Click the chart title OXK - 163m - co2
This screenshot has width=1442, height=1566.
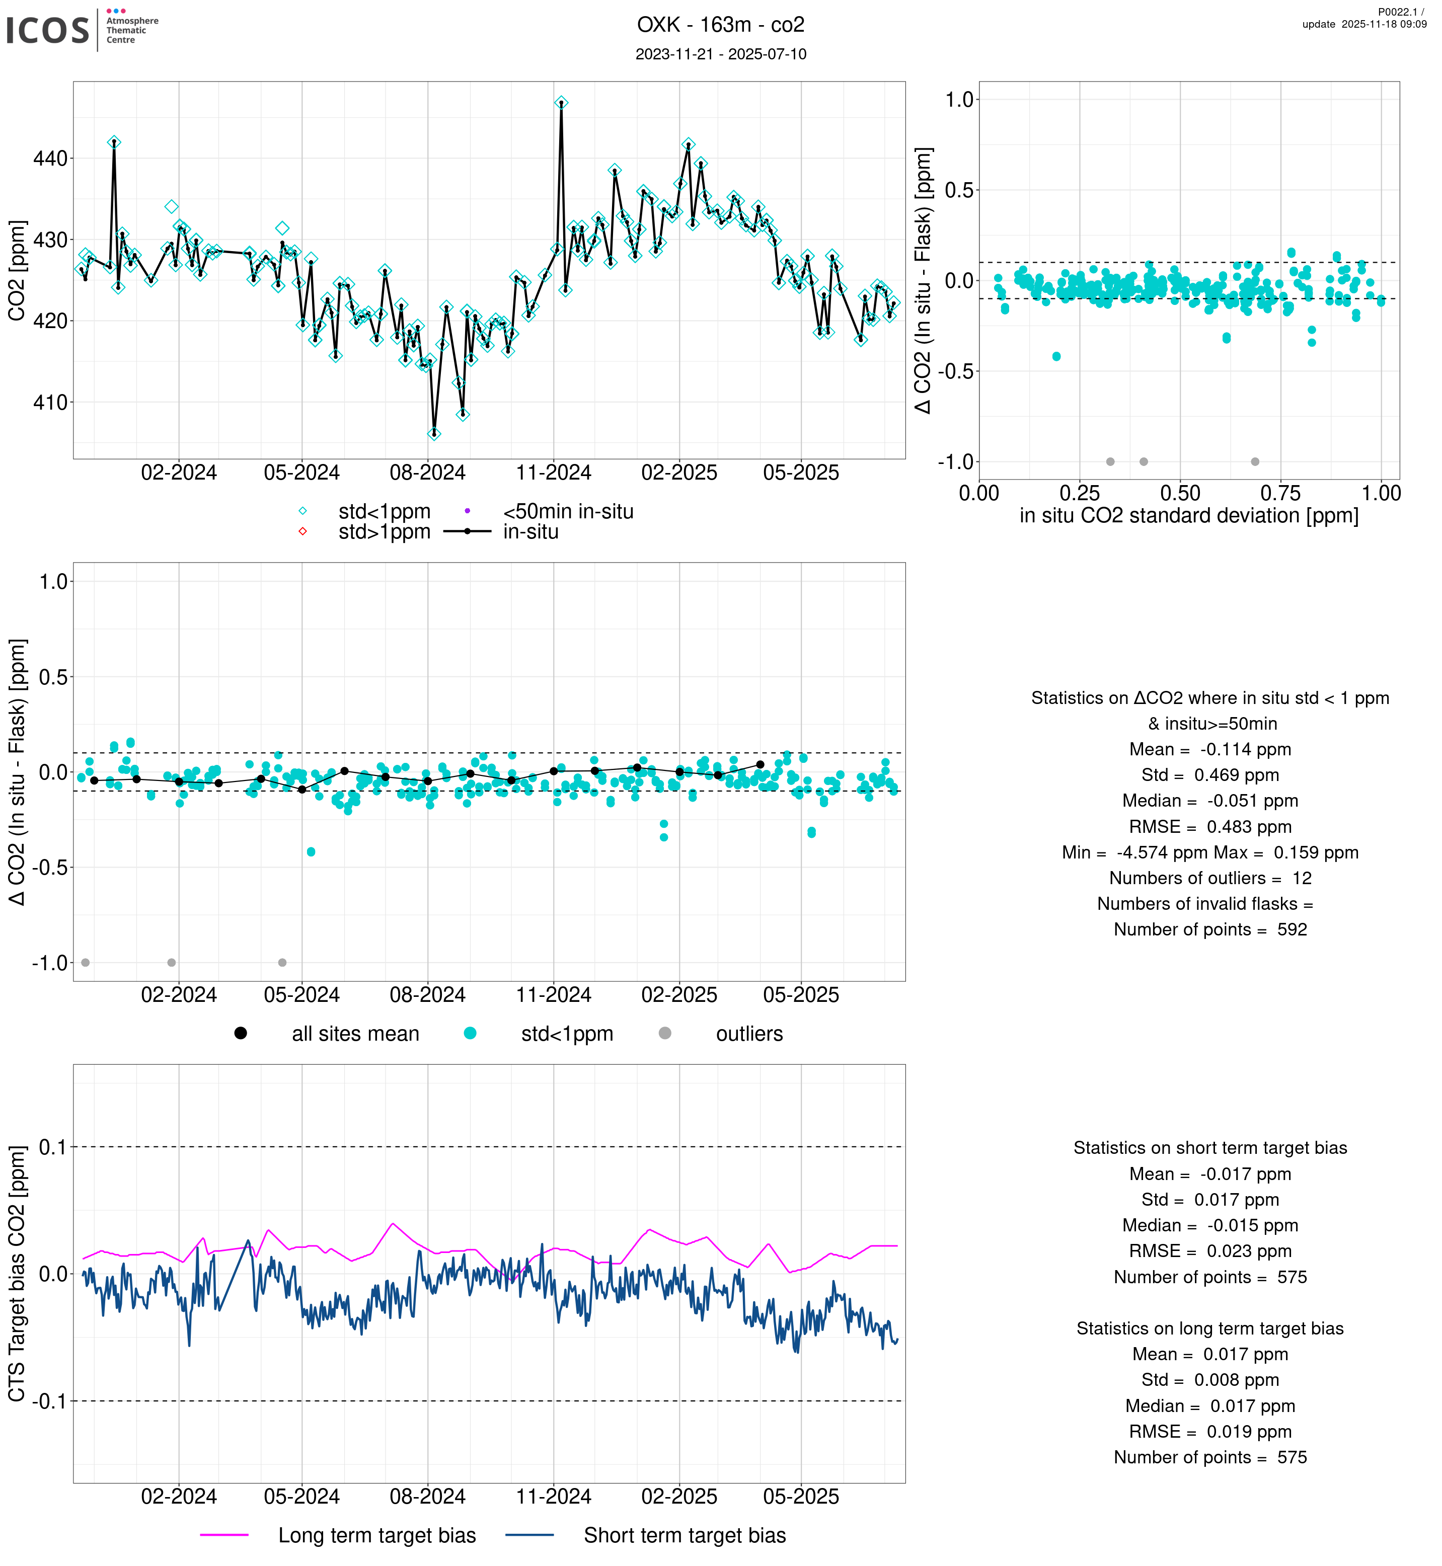tap(720, 25)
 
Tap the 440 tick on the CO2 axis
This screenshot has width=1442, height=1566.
tap(51, 159)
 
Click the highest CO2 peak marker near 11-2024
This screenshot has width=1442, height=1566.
tap(561, 103)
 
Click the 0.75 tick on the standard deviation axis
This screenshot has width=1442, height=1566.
tap(1280, 493)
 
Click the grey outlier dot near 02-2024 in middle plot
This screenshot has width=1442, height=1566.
tap(172, 963)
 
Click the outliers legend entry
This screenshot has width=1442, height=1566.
tap(748, 1034)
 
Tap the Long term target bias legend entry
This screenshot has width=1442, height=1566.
tap(377, 1536)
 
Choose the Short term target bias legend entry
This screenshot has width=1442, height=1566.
tap(685, 1536)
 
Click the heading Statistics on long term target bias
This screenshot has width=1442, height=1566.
tap(1209, 1328)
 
